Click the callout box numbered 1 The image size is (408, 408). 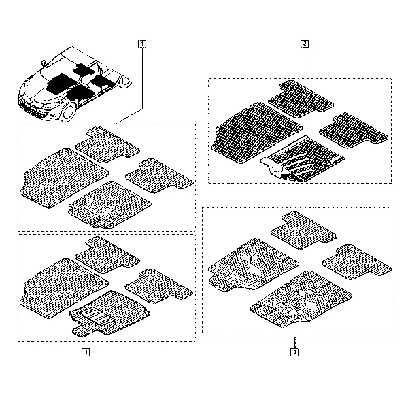click(x=142, y=44)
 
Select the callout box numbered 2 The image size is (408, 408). click(x=305, y=44)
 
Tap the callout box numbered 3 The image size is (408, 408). click(x=294, y=352)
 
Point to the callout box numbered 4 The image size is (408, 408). click(x=86, y=352)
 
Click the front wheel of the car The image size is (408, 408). click(x=69, y=112)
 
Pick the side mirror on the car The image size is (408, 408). click(x=44, y=63)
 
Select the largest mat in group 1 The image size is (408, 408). click(x=64, y=178)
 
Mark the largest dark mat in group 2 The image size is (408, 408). click(x=256, y=133)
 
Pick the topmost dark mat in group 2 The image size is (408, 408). click(x=301, y=99)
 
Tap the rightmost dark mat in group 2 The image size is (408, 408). click(x=354, y=131)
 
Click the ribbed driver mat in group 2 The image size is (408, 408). click(x=303, y=158)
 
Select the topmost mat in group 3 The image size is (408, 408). click(x=304, y=230)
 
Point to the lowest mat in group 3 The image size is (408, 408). click(x=301, y=300)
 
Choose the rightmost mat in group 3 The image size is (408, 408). click(x=357, y=262)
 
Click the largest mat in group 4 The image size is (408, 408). click(x=64, y=288)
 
